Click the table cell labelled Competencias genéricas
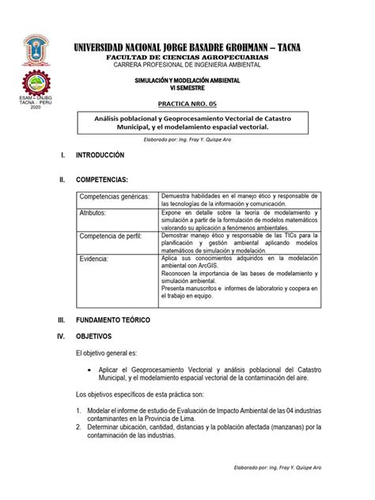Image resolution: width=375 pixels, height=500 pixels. [114, 195]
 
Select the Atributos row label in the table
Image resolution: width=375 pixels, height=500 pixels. [97, 213]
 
